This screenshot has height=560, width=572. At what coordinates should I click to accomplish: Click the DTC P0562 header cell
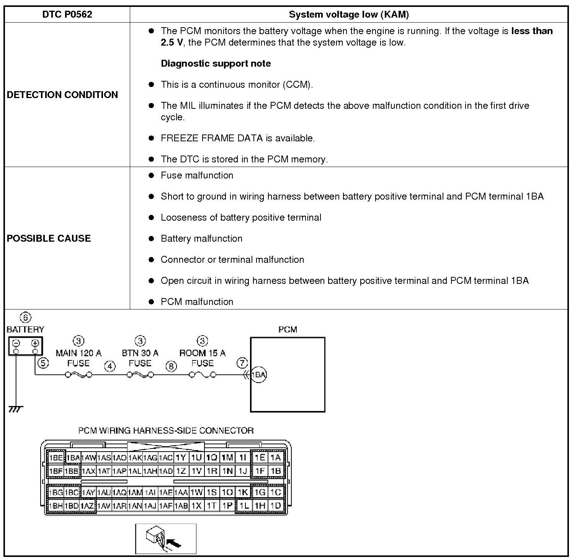click(x=67, y=15)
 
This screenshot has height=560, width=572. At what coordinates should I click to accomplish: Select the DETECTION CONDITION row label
click(x=62, y=95)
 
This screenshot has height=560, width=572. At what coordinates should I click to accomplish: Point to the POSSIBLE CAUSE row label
click(x=49, y=238)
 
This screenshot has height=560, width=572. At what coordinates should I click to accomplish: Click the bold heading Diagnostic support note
click(x=216, y=64)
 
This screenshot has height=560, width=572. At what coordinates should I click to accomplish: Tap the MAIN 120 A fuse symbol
click(x=78, y=375)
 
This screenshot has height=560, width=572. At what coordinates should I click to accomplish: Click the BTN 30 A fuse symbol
click(x=140, y=375)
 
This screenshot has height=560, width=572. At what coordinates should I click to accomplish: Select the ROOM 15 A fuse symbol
click(x=202, y=375)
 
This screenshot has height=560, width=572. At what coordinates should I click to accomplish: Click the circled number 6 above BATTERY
click(x=26, y=318)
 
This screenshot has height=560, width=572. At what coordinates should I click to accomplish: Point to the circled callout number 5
click(x=43, y=363)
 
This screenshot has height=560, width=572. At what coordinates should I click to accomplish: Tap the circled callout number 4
click(x=110, y=367)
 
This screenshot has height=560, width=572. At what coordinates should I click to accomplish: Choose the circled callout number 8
click(x=171, y=367)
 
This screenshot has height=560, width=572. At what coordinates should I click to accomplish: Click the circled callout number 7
click(x=242, y=363)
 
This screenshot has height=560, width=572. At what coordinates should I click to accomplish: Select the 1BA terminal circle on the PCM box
click(x=259, y=375)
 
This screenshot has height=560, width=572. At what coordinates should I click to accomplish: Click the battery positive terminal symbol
click(x=35, y=343)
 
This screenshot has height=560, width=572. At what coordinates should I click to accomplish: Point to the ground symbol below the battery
click(x=15, y=409)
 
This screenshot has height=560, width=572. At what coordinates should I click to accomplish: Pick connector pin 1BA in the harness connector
click(x=73, y=458)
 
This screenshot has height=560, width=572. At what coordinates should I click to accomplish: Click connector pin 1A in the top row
click(x=276, y=457)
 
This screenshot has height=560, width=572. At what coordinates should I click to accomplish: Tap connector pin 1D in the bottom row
click(x=276, y=506)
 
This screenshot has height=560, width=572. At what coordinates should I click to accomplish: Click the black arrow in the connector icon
click(x=174, y=544)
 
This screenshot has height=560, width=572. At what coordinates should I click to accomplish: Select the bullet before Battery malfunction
click(x=152, y=239)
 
